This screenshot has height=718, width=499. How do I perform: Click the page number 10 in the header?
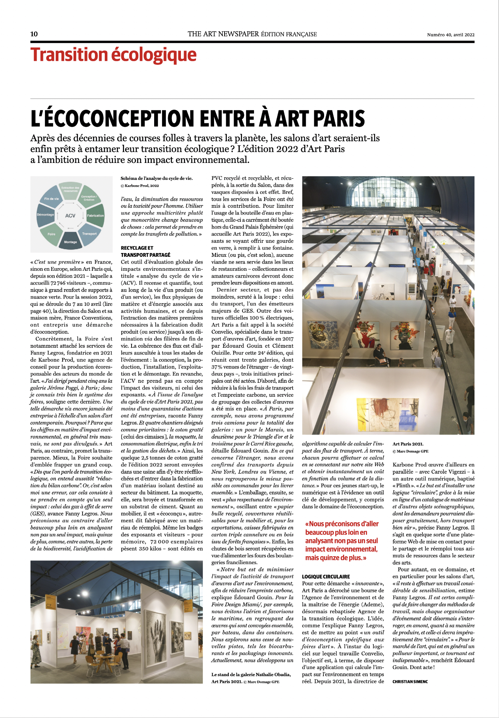tap(34, 34)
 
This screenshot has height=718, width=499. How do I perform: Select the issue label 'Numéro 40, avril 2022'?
tap(450, 35)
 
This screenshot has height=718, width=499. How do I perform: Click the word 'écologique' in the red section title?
tap(154, 55)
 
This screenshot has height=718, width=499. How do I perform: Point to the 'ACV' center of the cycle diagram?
tap(70, 216)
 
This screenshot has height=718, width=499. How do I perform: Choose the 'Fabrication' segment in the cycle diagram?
tap(95, 215)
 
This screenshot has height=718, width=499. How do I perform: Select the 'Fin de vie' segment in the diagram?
tap(52, 199)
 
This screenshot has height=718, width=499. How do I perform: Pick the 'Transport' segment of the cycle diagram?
tap(89, 233)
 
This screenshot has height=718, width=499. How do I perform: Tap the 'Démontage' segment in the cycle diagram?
tap(46, 215)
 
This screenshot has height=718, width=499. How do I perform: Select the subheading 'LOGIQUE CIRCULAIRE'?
tap(326, 577)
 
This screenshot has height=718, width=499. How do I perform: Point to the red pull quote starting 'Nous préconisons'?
tap(342, 541)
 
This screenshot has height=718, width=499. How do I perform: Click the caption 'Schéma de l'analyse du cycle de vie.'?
tap(156, 178)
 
